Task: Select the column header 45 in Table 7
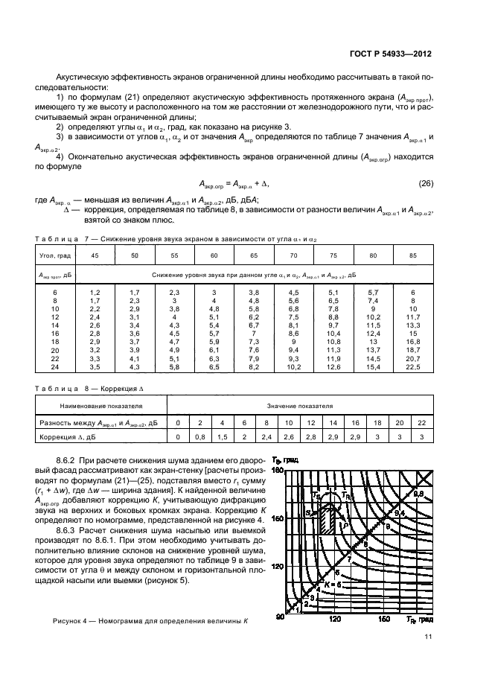click(x=95, y=255)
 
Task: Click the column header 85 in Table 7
click(x=412, y=255)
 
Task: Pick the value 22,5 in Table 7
click(x=412, y=367)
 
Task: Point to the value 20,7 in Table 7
click(x=412, y=358)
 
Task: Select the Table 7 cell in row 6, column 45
click(x=95, y=295)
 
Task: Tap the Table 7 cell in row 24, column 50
click(x=135, y=367)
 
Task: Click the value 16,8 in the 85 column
click(x=412, y=340)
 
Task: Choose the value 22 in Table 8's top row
click(x=422, y=421)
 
